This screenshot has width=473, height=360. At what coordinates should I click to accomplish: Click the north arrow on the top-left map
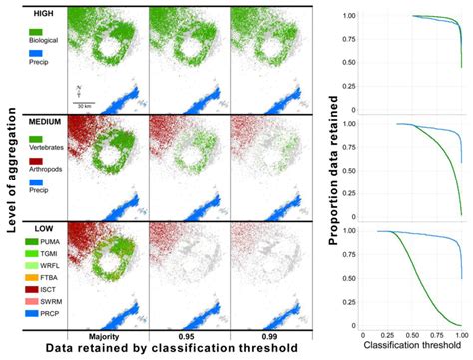(79, 93)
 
